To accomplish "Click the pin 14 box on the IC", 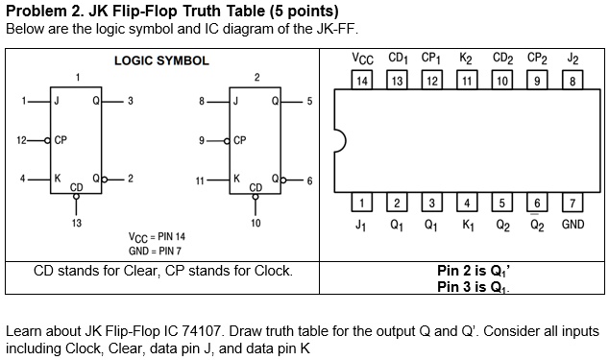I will click(x=361, y=81).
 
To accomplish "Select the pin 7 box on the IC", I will click(x=572, y=203).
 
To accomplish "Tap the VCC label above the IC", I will click(x=362, y=60).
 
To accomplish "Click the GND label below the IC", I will click(x=572, y=226).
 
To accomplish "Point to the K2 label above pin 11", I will click(x=467, y=60).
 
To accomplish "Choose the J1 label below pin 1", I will click(x=361, y=226).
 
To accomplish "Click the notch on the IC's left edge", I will click(x=339, y=142).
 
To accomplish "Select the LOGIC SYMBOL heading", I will click(x=161, y=60).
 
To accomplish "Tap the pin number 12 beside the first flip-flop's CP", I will click(x=21, y=139).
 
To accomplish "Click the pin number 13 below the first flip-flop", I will click(x=76, y=223).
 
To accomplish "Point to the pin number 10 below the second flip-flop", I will click(x=256, y=223).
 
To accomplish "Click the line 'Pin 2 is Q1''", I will click(x=475, y=271).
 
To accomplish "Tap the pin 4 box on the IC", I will click(x=467, y=203).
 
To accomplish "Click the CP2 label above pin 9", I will click(x=537, y=60).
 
